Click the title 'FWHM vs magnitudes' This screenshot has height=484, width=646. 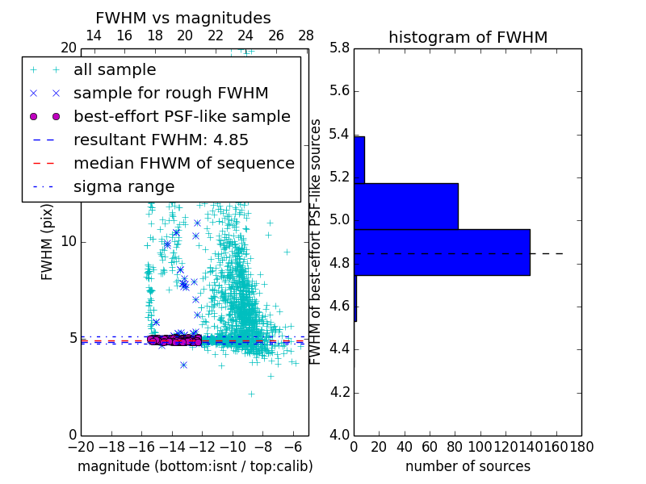183,18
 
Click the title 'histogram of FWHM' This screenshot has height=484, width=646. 468,37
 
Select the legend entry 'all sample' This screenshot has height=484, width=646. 115,70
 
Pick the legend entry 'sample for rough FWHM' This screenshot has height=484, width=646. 170,94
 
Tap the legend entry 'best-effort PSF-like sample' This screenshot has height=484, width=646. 182,116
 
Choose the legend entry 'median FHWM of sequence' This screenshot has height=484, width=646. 183,163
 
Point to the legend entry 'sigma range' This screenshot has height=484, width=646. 124,186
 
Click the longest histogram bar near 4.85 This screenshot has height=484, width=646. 442,252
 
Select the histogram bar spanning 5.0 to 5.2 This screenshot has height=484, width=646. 405,206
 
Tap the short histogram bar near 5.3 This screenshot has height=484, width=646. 359,160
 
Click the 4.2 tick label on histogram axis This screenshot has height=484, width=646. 339,392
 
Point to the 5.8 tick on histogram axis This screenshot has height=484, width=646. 339,48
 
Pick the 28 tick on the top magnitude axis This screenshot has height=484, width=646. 306,35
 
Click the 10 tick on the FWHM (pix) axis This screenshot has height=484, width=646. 69,242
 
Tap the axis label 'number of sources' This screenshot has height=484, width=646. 468,466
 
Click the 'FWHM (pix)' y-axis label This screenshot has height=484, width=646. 48,242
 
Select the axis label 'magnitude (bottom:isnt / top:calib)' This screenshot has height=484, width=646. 195,466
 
